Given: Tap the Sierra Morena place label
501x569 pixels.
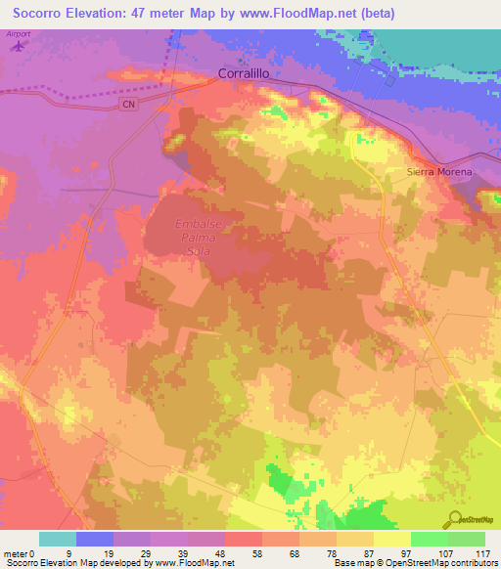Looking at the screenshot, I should (x=439, y=172).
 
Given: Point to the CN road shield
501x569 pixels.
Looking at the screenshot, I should (x=127, y=105).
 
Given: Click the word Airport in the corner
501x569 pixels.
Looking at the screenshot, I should (x=18, y=34).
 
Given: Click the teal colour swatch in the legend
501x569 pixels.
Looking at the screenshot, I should (x=58, y=539).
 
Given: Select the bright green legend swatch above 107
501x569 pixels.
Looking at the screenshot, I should (x=430, y=539).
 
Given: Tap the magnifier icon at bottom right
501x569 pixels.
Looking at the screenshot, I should (x=455, y=518).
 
